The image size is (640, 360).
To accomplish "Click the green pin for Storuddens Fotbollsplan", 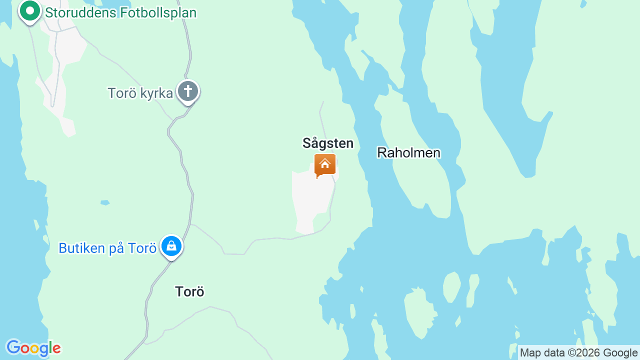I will (x=29, y=11).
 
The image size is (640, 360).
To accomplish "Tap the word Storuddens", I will (x=80, y=13).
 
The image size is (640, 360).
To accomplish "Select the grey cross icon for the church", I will (x=188, y=91).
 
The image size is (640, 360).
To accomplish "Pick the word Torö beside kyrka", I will (x=122, y=93).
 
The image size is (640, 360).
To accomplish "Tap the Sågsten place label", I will (x=328, y=143).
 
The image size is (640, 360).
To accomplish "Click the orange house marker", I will (x=324, y=164).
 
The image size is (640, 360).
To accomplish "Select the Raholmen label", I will (x=408, y=153).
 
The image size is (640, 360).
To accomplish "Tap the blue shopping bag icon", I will (x=171, y=246).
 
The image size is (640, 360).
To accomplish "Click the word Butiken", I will (x=80, y=248).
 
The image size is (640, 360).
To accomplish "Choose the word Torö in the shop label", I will (x=142, y=248).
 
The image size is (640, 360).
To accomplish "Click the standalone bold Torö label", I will (x=189, y=291).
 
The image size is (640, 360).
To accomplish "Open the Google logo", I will (x=33, y=348).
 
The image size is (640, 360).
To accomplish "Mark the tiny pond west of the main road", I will (x=105, y=202).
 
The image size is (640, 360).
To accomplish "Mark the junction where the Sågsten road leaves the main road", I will (x=190, y=224).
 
